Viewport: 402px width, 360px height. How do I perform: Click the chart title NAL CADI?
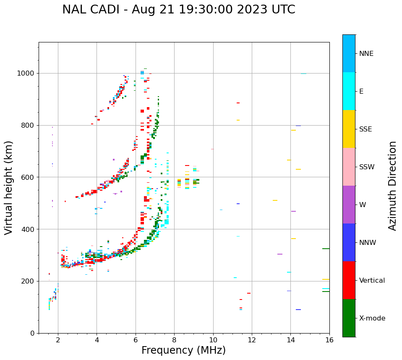(x=178, y=10)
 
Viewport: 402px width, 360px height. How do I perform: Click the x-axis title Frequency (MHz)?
(x=183, y=350)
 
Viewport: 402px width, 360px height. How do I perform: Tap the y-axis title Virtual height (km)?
(x=9, y=187)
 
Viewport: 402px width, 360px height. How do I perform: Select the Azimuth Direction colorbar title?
(x=392, y=186)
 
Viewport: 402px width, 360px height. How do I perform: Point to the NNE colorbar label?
(x=366, y=54)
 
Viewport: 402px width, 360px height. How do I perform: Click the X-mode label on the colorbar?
(x=372, y=318)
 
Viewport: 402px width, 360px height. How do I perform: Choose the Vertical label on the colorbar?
(x=372, y=281)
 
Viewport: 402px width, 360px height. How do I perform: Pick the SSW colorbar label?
(x=367, y=167)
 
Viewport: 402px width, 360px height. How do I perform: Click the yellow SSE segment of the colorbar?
(x=349, y=129)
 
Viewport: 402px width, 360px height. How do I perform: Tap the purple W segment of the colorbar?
(x=349, y=205)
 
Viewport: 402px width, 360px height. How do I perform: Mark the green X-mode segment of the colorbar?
(x=349, y=318)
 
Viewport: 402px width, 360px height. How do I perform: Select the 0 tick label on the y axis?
(x=33, y=333)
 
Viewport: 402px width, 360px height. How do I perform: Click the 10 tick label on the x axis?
(x=213, y=340)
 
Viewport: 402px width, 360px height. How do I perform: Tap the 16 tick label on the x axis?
(x=329, y=340)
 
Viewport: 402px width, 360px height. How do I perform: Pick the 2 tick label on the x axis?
(x=58, y=340)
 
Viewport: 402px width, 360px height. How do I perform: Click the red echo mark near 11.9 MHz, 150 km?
(x=249, y=293)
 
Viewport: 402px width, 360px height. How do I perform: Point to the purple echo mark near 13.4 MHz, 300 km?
(x=280, y=254)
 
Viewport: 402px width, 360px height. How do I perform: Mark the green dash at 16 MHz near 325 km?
(x=326, y=249)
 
